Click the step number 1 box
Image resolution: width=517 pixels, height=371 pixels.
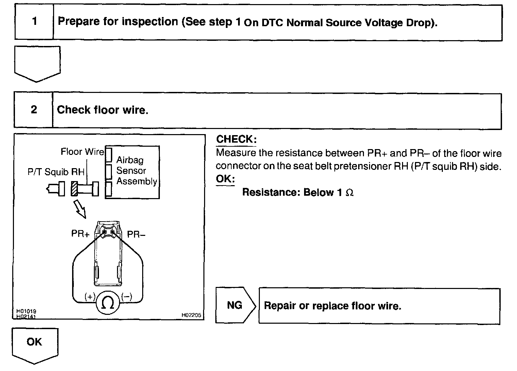[x=34, y=22]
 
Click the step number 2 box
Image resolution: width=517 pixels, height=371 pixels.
[x=34, y=110]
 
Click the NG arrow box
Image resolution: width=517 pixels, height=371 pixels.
[x=235, y=305]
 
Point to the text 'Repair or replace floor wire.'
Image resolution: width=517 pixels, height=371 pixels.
[x=332, y=306]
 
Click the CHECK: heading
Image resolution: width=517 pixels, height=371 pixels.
[x=236, y=139]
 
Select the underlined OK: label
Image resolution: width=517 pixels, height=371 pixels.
[x=225, y=179]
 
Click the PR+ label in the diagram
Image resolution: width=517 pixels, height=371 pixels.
[x=80, y=234]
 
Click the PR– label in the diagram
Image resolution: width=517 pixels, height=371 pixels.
[x=136, y=234]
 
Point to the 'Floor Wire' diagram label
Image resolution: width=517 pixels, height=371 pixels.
[x=82, y=151]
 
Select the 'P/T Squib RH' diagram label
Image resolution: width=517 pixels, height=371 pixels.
[x=56, y=172]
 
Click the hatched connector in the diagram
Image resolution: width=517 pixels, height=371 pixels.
[x=74, y=189]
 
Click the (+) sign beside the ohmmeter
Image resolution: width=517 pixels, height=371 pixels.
[x=90, y=297]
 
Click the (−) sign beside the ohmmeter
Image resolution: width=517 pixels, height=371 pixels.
[x=126, y=297]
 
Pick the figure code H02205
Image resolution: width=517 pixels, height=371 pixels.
[x=191, y=315]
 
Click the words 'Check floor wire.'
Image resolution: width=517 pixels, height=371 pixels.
[x=103, y=110]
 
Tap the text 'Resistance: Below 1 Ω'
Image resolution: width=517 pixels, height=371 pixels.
[x=298, y=192]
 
